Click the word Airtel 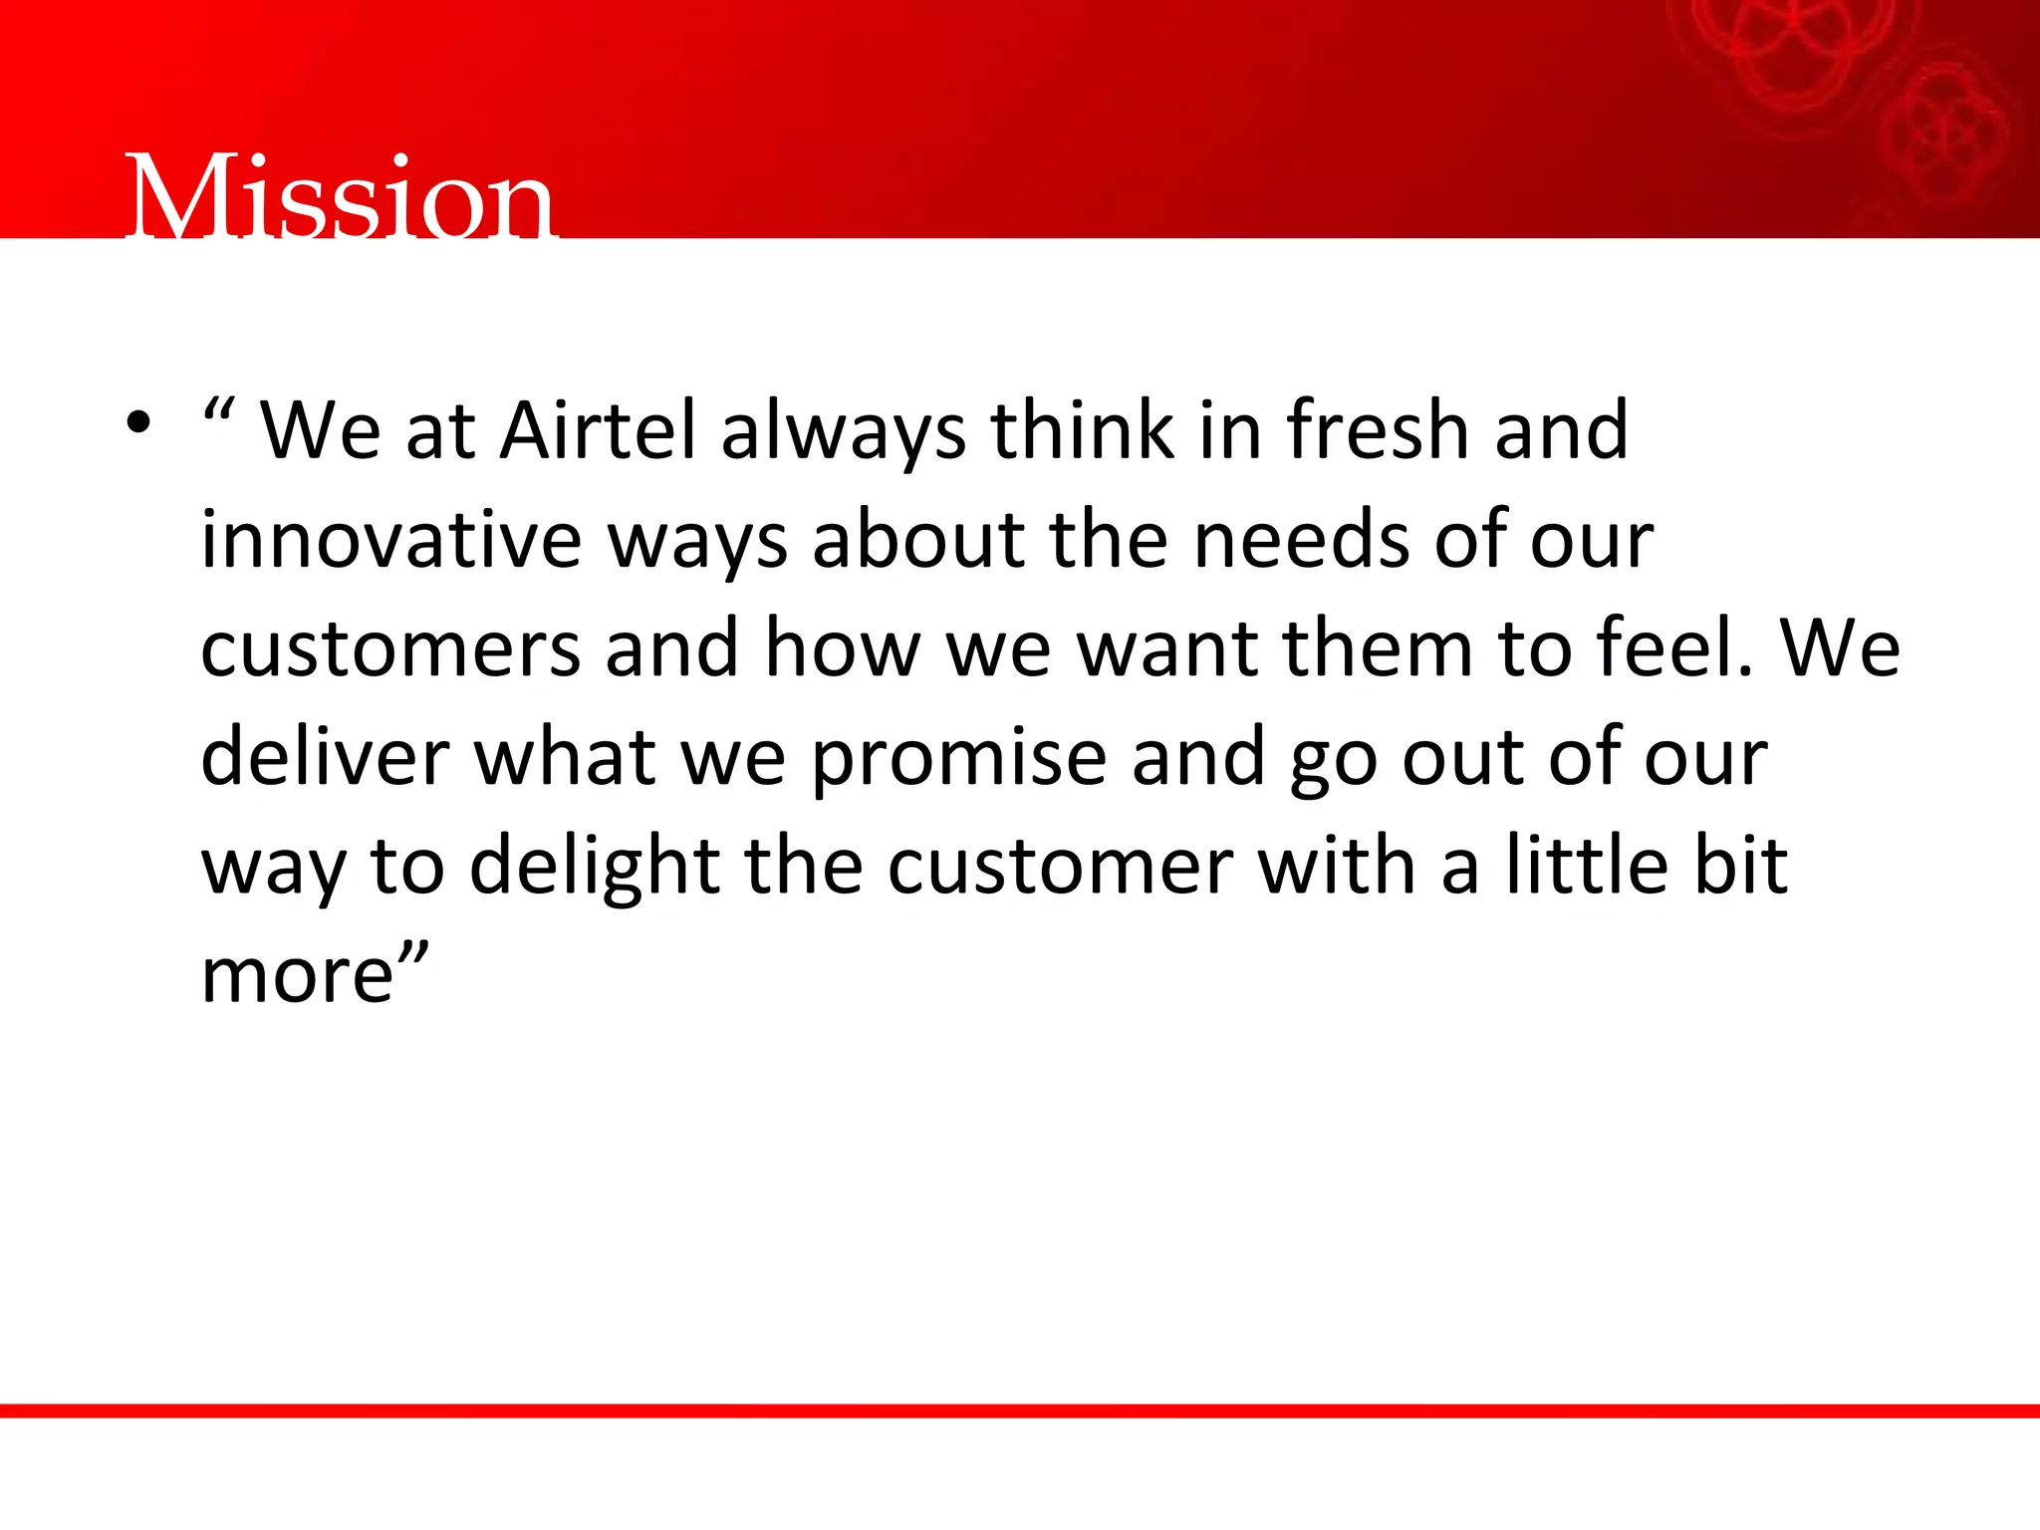tap(598, 430)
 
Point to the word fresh tap(1378, 430)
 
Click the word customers tap(389, 648)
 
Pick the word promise tap(959, 758)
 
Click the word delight tap(594, 867)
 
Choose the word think tap(1082, 430)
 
